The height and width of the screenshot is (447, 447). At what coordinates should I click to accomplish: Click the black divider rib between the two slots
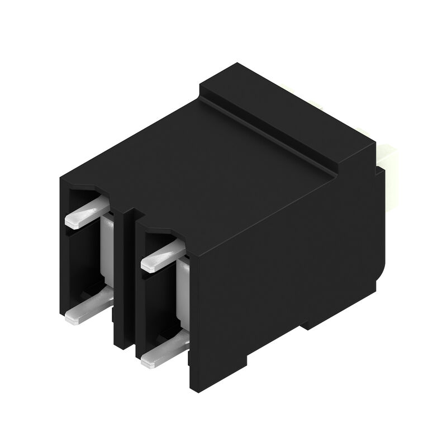point(124,279)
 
